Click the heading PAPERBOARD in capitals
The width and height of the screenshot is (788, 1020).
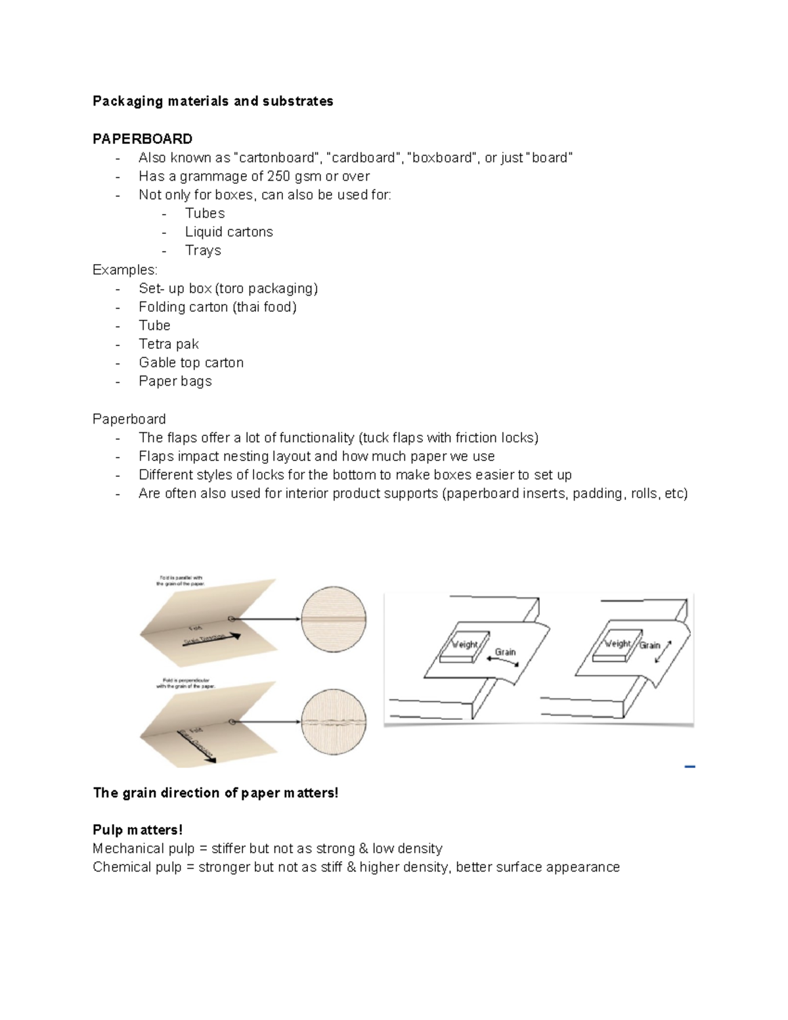[142, 139]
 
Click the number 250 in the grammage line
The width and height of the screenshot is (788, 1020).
[278, 176]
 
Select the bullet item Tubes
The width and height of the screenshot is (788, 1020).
[205, 213]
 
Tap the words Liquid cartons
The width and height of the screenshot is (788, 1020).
[229, 232]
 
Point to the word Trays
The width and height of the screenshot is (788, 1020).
[203, 250]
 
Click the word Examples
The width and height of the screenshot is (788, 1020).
[125, 270]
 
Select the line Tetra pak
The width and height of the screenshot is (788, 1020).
[169, 344]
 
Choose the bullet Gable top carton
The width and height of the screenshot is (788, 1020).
[191, 363]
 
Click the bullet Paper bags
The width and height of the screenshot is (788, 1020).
[175, 381]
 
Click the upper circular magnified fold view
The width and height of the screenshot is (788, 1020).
[334, 619]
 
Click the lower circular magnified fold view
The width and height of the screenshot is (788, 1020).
[334, 721]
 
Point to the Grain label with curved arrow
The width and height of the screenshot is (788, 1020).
[505, 653]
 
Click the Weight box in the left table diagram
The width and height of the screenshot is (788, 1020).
[466, 645]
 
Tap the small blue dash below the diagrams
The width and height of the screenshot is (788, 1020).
[689, 766]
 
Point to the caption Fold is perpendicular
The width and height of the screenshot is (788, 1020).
[186, 683]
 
